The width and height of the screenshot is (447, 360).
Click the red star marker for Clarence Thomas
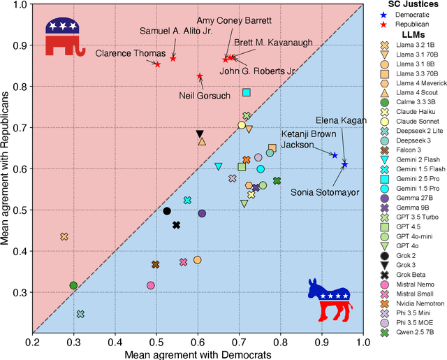157,64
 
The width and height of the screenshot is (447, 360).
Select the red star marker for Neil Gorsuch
200,76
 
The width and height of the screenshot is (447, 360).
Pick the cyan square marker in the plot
246,92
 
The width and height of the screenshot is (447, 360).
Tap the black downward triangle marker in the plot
200,134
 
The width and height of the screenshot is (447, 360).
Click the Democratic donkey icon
330,298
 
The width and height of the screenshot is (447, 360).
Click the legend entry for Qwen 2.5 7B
416,333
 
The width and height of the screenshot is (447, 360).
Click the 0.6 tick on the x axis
198,342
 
